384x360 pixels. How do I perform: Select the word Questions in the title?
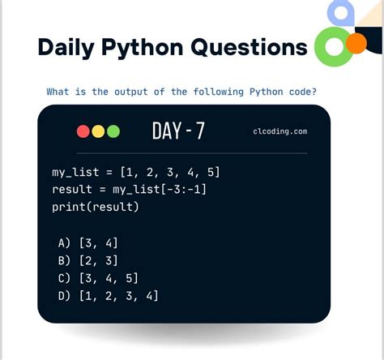(x=249, y=47)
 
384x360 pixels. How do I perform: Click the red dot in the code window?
(x=83, y=131)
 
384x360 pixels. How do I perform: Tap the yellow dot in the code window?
(x=98, y=131)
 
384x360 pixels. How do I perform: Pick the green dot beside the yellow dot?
(x=113, y=131)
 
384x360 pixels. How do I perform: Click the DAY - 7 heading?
(x=178, y=131)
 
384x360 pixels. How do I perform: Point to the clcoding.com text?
(x=280, y=131)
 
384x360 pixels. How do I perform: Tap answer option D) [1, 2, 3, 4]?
(x=109, y=296)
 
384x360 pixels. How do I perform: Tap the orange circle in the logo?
(x=355, y=44)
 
